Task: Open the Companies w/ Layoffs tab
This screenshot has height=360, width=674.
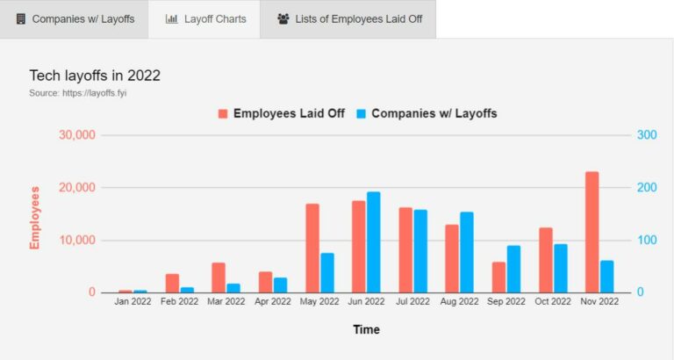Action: (75, 18)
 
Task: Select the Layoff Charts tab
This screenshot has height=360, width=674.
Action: (205, 18)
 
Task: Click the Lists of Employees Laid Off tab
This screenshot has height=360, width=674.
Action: (349, 18)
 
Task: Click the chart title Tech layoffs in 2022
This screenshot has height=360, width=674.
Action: (95, 76)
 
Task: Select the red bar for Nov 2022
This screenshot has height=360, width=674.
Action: (592, 232)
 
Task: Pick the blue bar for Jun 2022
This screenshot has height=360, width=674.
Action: (374, 241)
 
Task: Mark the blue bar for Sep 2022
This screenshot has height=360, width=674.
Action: (513, 269)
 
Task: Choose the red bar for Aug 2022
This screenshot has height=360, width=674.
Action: (452, 258)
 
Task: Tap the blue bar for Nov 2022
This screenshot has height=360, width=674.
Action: (606, 276)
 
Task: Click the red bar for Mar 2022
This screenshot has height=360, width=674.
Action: (219, 277)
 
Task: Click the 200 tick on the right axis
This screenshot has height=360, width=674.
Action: (646, 188)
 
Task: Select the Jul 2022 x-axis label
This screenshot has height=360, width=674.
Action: (412, 301)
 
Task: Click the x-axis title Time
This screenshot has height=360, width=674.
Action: (366, 330)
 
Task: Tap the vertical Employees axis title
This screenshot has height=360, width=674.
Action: (35, 217)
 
